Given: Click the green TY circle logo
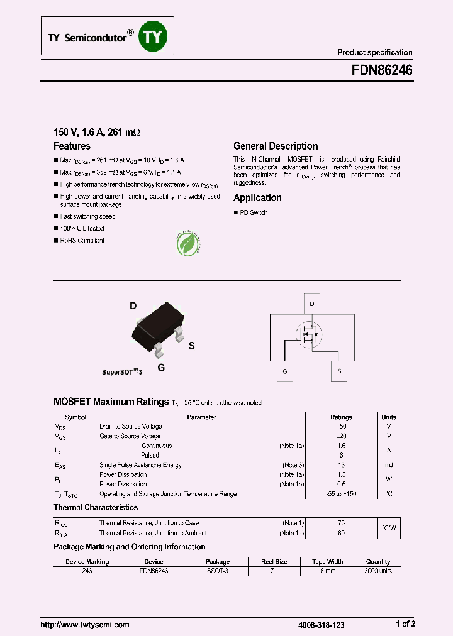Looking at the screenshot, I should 154,37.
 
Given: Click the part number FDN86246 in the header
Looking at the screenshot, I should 382,71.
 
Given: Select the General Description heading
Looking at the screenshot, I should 276,146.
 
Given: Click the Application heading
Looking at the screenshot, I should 257,197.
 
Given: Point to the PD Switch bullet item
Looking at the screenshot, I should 253,213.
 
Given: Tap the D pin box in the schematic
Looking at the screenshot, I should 312,304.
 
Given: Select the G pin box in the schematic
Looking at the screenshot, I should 285,371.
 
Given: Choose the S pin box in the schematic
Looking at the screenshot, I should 339,371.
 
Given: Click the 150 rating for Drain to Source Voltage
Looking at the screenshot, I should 341,427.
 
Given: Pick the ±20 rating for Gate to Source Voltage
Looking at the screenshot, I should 341,436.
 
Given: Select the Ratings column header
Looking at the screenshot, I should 341,417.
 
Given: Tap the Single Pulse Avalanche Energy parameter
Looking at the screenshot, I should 140,465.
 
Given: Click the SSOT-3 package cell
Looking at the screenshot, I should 218,571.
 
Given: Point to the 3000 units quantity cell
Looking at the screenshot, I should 377,571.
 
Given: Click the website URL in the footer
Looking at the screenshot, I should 85,625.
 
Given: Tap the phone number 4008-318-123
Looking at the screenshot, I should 321,625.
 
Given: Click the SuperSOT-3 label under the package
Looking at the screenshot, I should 122,372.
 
